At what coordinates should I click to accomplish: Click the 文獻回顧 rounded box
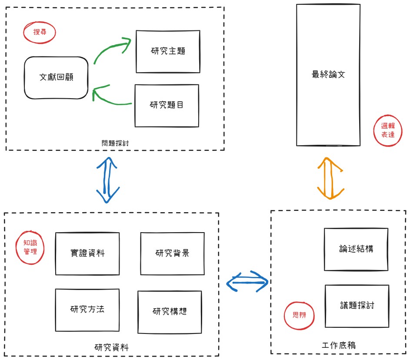pos(56,77)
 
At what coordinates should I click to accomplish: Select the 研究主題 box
pos(168,51)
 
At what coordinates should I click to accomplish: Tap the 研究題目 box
pos(167,105)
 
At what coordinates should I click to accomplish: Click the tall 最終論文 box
pos(328,75)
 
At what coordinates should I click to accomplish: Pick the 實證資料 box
pos(87,253)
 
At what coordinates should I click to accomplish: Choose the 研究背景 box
pos(172,253)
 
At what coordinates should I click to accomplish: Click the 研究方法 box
pos(87,310)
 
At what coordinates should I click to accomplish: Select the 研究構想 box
pos(170,312)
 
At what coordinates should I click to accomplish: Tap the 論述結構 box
pos(356,249)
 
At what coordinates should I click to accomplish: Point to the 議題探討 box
pos(357,306)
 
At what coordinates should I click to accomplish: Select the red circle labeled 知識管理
pos(30,247)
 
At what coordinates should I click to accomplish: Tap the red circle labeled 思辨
pos(299,315)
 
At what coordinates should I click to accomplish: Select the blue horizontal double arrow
pos(248,282)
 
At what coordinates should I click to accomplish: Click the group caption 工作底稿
pos(339,345)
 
